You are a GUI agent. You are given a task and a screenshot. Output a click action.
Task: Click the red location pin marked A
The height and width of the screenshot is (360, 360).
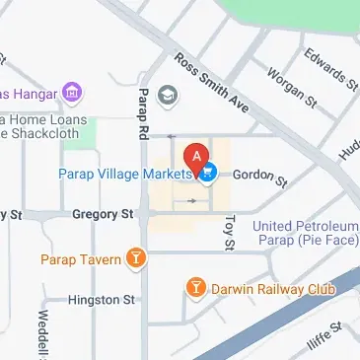pyautogui.click(x=197, y=157)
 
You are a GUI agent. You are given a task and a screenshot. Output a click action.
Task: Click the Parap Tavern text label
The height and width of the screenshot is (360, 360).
pyautogui.click(x=80, y=260)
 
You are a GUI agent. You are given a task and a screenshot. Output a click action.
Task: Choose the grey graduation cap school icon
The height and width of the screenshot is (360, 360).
pyautogui.click(x=169, y=96)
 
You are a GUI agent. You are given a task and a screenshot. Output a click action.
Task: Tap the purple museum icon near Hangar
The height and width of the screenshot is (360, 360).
pyautogui.click(x=71, y=93)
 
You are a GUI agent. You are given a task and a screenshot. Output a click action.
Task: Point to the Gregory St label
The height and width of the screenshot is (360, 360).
pyautogui.click(x=103, y=213)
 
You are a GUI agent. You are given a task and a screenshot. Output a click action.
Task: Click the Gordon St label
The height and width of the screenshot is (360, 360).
pyautogui.click(x=261, y=178)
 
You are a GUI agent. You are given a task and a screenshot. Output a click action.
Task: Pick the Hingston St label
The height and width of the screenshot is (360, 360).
pyautogui.click(x=101, y=299)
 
